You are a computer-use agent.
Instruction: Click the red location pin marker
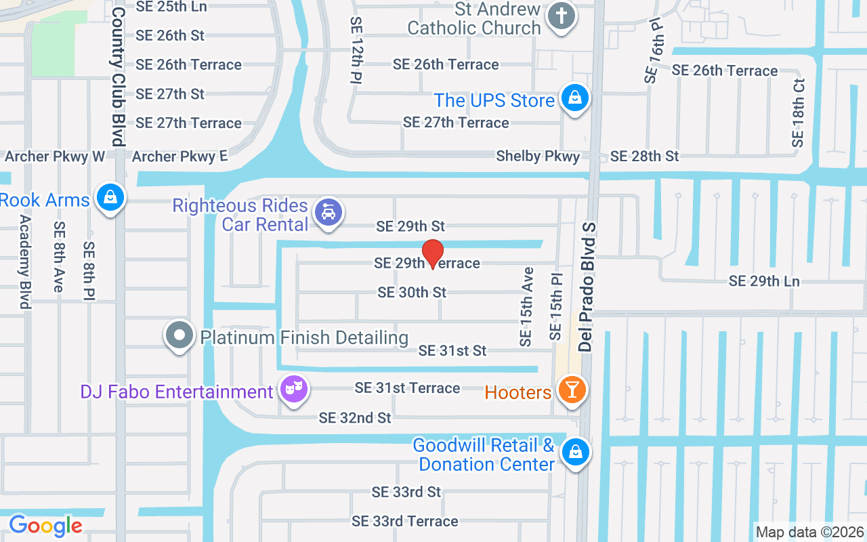pyautogui.click(x=433, y=253)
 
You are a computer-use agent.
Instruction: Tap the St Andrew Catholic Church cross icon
pyautogui.click(x=561, y=16)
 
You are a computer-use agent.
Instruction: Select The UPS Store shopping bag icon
pyautogui.click(x=575, y=98)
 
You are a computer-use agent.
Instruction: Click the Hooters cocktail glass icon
pyautogui.click(x=572, y=390)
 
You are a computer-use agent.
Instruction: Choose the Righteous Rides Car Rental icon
pyautogui.click(x=329, y=213)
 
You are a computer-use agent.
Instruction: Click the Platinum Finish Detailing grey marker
pyautogui.click(x=179, y=335)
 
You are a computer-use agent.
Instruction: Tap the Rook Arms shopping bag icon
pyautogui.click(x=108, y=198)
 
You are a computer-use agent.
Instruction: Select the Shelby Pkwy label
pyautogui.click(x=538, y=157)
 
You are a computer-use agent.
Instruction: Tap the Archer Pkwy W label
pyautogui.click(x=55, y=157)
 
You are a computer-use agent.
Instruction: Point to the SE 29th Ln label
pyautogui.click(x=764, y=281)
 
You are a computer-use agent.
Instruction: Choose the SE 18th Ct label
pyautogui.click(x=798, y=113)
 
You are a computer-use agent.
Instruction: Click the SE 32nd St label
pyautogui.click(x=355, y=418)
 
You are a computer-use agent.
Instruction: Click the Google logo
pyautogui.click(x=45, y=525)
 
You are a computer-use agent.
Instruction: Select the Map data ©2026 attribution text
pyautogui.click(x=810, y=533)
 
